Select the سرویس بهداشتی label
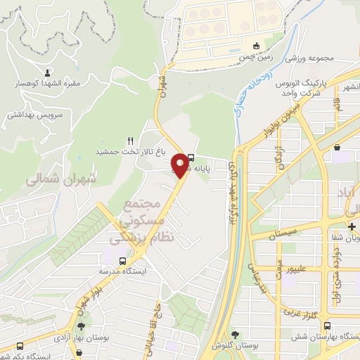tap(35, 113)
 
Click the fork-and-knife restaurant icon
tap(130, 141)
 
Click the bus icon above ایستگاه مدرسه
tap(123, 261)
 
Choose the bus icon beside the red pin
tap(193, 158)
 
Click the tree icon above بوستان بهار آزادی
tap(82, 326)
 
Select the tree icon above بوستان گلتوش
tap(235, 335)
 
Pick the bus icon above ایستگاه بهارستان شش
tap(328, 326)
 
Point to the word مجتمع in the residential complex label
tap(139, 205)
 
